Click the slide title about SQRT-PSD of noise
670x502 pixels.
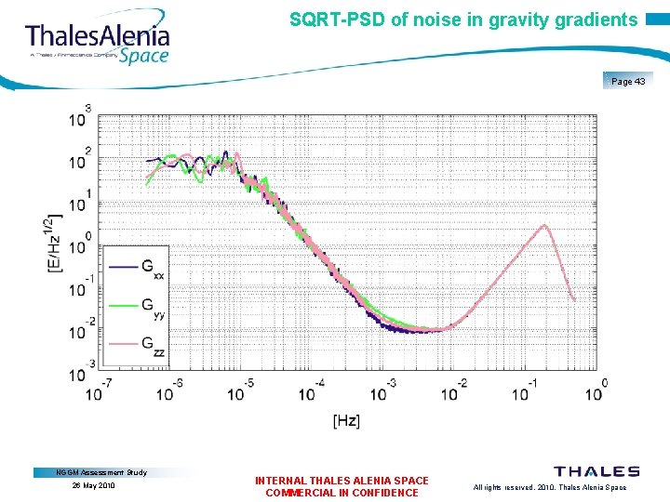(x=463, y=20)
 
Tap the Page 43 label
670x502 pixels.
(x=628, y=82)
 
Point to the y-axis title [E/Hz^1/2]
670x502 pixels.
(x=53, y=244)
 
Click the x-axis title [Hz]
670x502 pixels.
(x=345, y=421)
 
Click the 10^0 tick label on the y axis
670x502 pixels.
(x=80, y=245)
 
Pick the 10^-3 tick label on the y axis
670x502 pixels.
(x=80, y=373)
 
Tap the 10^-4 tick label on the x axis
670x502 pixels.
(x=309, y=390)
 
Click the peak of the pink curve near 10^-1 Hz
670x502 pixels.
(x=545, y=226)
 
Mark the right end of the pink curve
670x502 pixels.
(x=574, y=299)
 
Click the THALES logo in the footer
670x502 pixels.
(x=596, y=472)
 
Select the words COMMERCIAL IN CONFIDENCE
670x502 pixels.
(x=342, y=493)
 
